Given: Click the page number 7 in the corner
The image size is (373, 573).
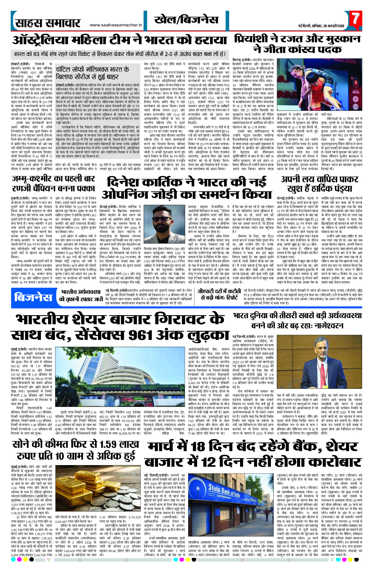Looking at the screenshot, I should pyautogui.click(x=356, y=19).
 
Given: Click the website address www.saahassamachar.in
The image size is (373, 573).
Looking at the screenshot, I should pyautogui.click(x=116, y=25).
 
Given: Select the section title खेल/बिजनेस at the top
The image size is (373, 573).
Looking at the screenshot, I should pyautogui.click(x=187, y=20).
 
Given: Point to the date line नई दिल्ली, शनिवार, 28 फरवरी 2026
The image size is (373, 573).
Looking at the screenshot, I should pyautogui.click(x=321, y=26).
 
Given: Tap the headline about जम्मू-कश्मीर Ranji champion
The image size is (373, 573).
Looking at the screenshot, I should pyautogui.click(x=54, y=183).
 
